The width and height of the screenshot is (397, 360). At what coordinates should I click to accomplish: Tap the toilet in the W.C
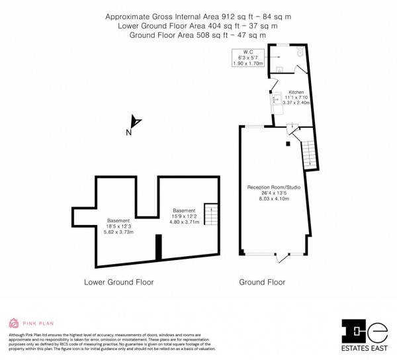point(299,51)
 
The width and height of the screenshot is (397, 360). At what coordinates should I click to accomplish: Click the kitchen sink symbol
point(275,103)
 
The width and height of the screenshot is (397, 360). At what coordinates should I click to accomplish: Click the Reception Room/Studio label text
point(275,187)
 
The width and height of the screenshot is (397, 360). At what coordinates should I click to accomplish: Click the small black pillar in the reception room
point(288,143)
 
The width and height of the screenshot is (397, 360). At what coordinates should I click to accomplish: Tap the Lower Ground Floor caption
point(119,282)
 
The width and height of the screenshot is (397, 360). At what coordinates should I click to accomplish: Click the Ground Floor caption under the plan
point(263,282)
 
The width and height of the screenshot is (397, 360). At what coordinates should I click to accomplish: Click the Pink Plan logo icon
point(13,324)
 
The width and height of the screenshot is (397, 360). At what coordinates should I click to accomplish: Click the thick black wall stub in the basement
point(158,249)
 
